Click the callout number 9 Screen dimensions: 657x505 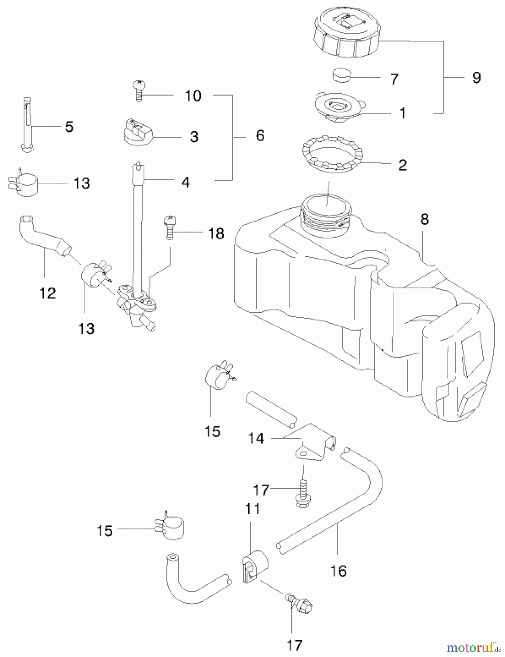476,78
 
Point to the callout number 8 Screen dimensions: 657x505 424,219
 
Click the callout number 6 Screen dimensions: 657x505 260,136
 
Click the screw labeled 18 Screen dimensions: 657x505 168,228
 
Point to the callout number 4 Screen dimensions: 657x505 186,182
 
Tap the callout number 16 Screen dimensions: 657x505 338,571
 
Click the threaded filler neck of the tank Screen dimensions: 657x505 326,215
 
